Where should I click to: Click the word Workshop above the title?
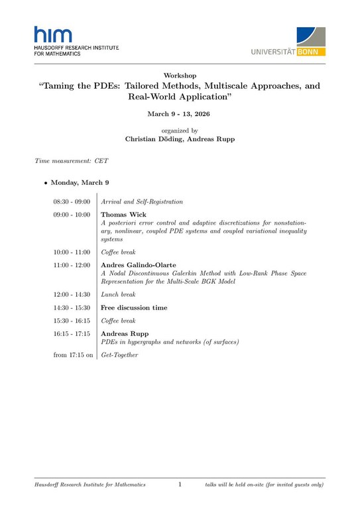[x=180, y=76]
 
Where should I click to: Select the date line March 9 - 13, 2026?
[x=180, y=114]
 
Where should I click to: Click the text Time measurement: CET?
[x=72, y=161]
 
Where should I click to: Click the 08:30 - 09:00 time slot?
[x=72, y=201]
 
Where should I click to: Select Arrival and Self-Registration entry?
[x=142, y=201]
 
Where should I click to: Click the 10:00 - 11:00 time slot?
[x=72, y=253]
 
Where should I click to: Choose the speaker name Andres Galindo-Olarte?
[x=138, y=265]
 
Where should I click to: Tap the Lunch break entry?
[x=118, y=294]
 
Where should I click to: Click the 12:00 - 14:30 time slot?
[x=72, y=294]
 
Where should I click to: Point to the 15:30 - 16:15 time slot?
[x=72, y=321]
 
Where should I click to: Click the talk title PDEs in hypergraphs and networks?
[x=169, y=342]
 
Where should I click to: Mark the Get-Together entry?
[x=119, y=355]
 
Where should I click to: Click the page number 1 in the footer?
[x=180, y=485]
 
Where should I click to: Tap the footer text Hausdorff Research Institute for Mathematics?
[x=90, y=485]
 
